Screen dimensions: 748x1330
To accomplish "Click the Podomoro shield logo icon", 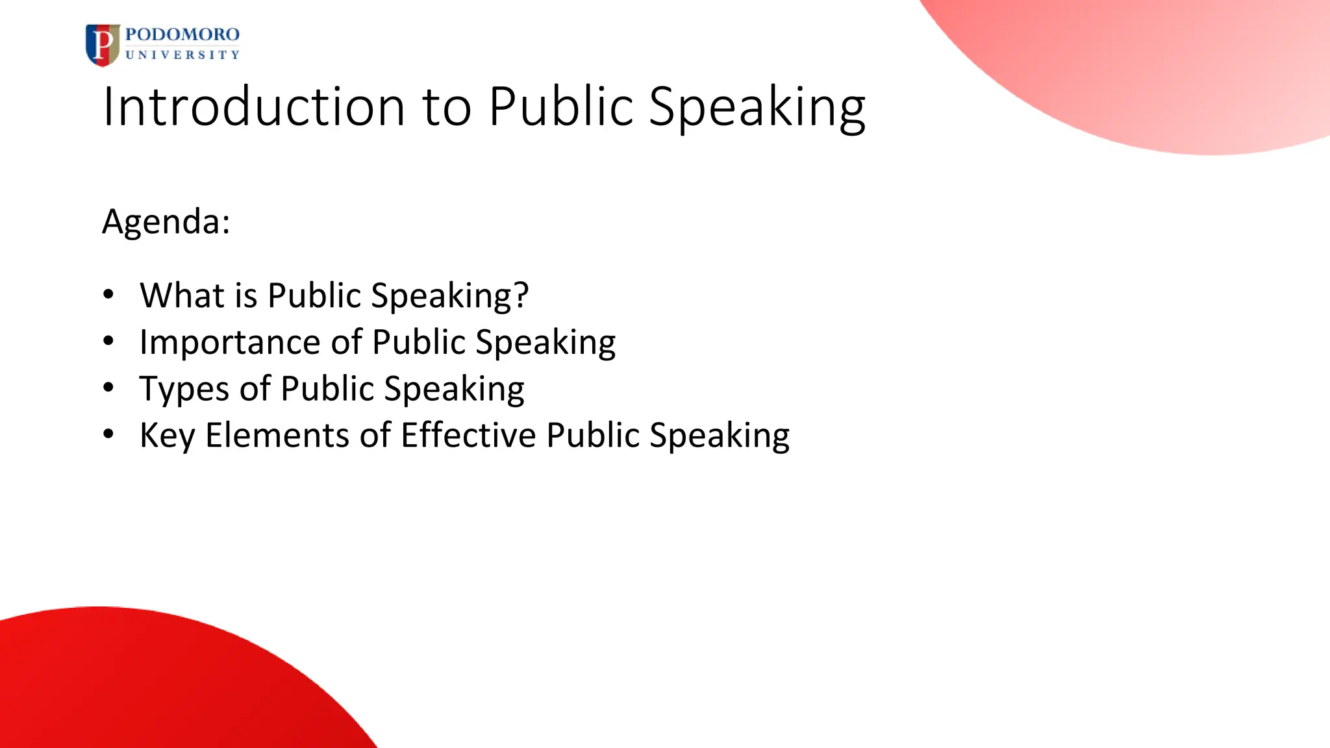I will click(103, 45).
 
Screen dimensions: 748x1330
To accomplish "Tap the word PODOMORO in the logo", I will click(182, 34).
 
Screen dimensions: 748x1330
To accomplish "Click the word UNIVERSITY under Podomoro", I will click(182, 55).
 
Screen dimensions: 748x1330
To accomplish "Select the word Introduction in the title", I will click(254, 106).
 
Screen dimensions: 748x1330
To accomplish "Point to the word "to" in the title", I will click(447, 106).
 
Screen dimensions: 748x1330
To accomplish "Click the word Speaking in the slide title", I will click(757, 108).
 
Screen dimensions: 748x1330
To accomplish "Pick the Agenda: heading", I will click(166, 222).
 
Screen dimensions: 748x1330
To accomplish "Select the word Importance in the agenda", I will click(230, 343).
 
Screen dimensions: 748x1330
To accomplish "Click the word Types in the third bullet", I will click(184, 390).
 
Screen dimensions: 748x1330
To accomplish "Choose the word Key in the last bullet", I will click(167, 436).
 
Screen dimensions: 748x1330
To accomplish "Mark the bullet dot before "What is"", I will click(108, 294).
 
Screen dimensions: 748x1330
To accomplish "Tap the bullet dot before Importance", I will click(108, 341).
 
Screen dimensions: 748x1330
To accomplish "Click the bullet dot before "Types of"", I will click(108, 388).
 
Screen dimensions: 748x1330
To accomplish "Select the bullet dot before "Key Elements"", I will click(108, 434).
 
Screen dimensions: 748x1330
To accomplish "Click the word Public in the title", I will click(560, 106).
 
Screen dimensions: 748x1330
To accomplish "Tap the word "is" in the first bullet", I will click(246, 295).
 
